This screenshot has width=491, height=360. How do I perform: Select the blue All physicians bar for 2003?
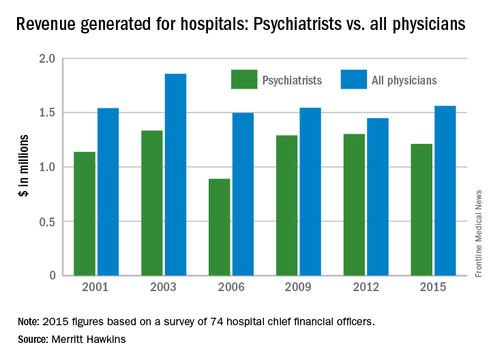point(175,175)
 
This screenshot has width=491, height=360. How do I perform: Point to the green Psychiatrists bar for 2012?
point(354,205)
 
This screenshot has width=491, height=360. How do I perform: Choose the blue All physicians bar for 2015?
point(445,191)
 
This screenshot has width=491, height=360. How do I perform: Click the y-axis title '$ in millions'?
point(23,168)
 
